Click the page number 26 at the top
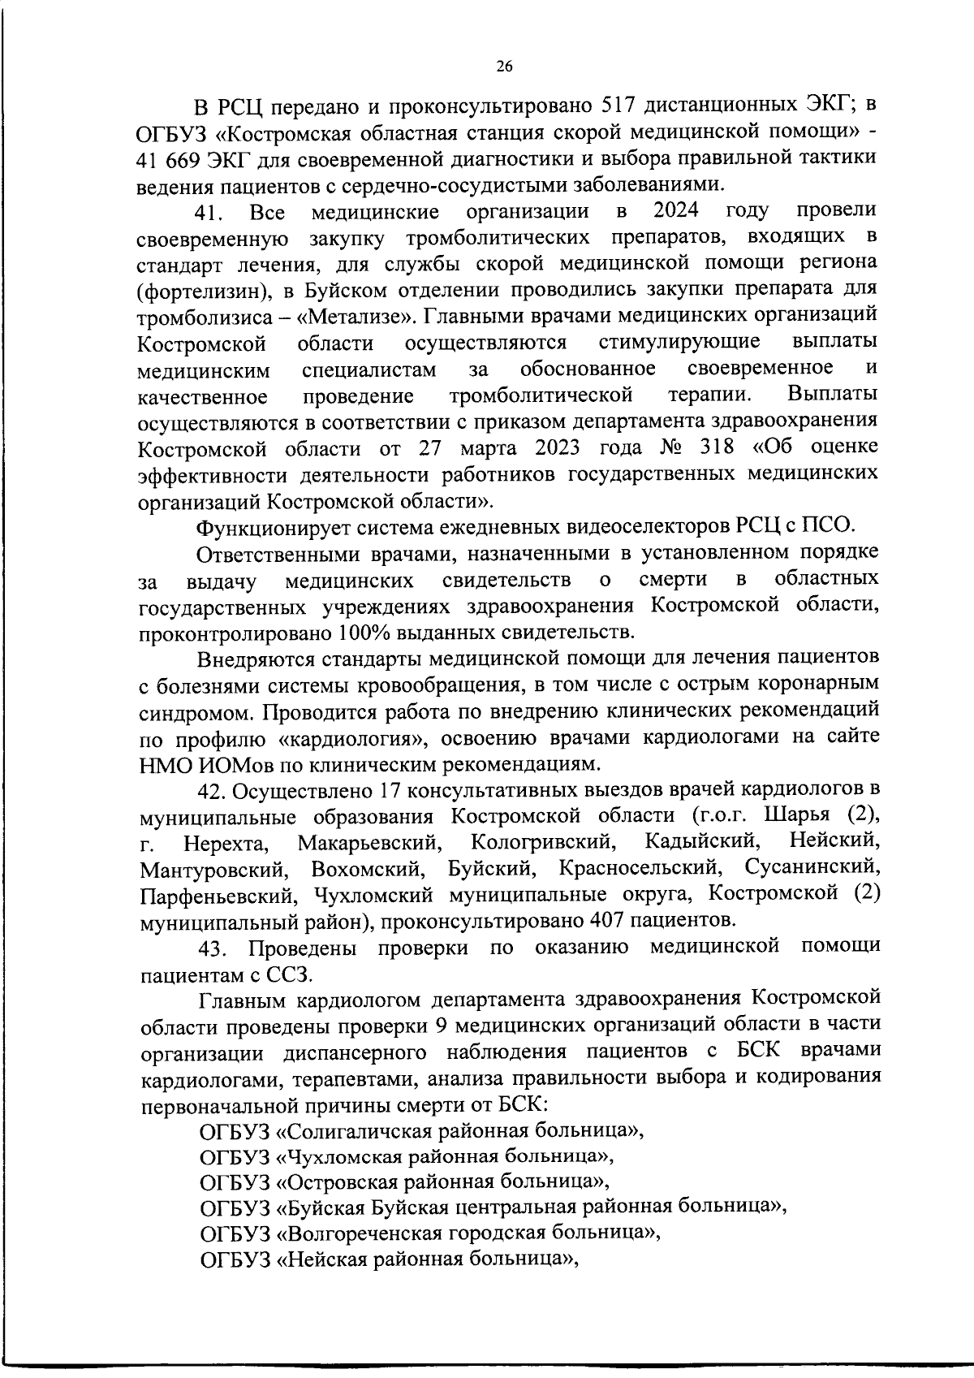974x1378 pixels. pyautogui.click(x=504, y=67)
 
